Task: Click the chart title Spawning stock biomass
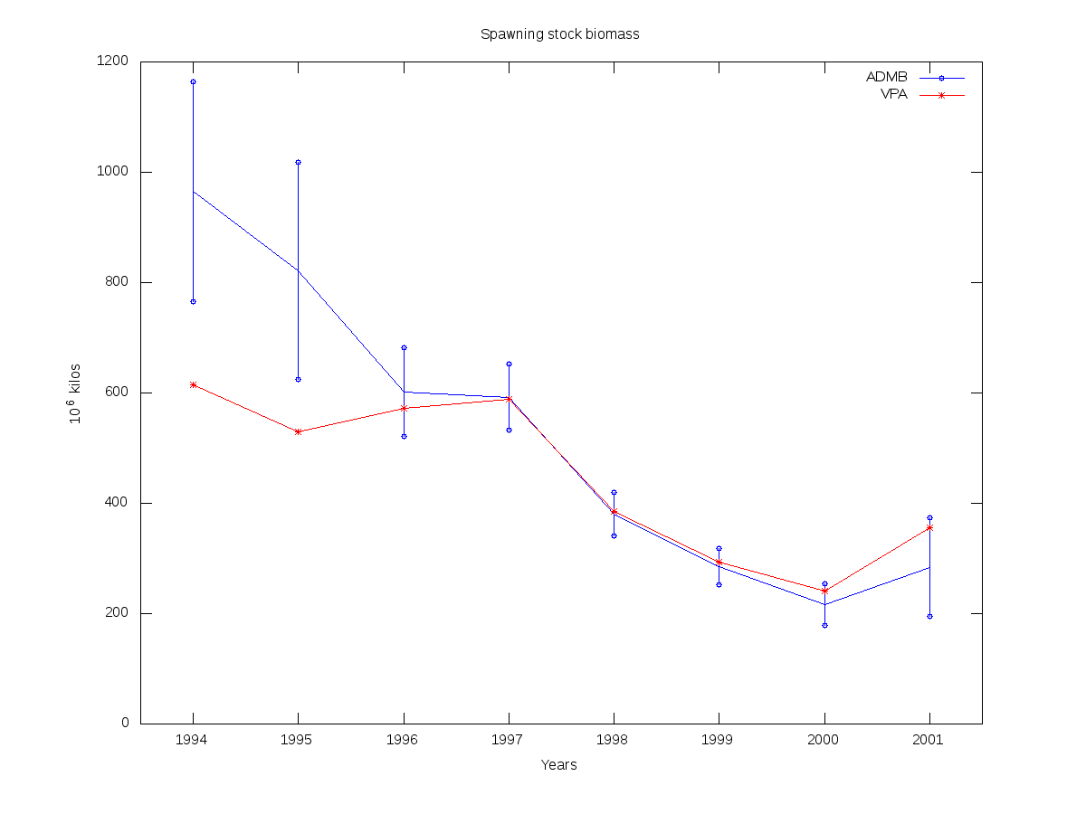(x=559, y=34)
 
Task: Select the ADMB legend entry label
(x=886, y=77)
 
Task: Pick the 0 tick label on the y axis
(x=125, y=724)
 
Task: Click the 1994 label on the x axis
(x=193, y=740)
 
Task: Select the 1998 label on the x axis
(x=614, y=740)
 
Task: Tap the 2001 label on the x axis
(x=929, y=740)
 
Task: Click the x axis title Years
(x=559, y=765)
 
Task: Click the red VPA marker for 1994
(x=193, y=384)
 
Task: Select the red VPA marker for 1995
(x=298, y=431)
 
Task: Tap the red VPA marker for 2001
(x=929, y=527)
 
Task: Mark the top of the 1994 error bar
(x=193, y=81)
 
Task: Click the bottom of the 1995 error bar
(x=298, y=379)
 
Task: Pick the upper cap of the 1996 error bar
(x=404, y=347)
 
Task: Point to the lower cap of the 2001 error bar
(x=929, y=616)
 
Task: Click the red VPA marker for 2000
(x=824, y=591)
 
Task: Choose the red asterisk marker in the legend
(x=941, y=95)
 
